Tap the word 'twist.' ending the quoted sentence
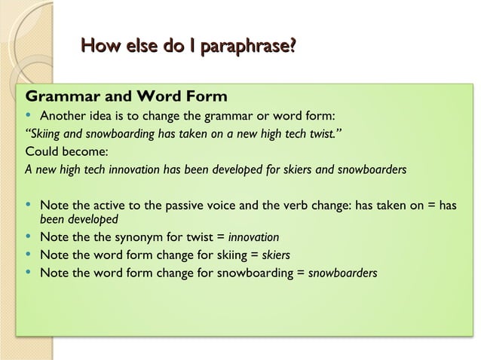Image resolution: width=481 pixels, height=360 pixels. [x=332, y=134]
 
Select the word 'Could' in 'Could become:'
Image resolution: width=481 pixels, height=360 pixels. [x=41, y=152]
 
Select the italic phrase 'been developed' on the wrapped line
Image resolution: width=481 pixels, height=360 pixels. [x=78, y=220]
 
